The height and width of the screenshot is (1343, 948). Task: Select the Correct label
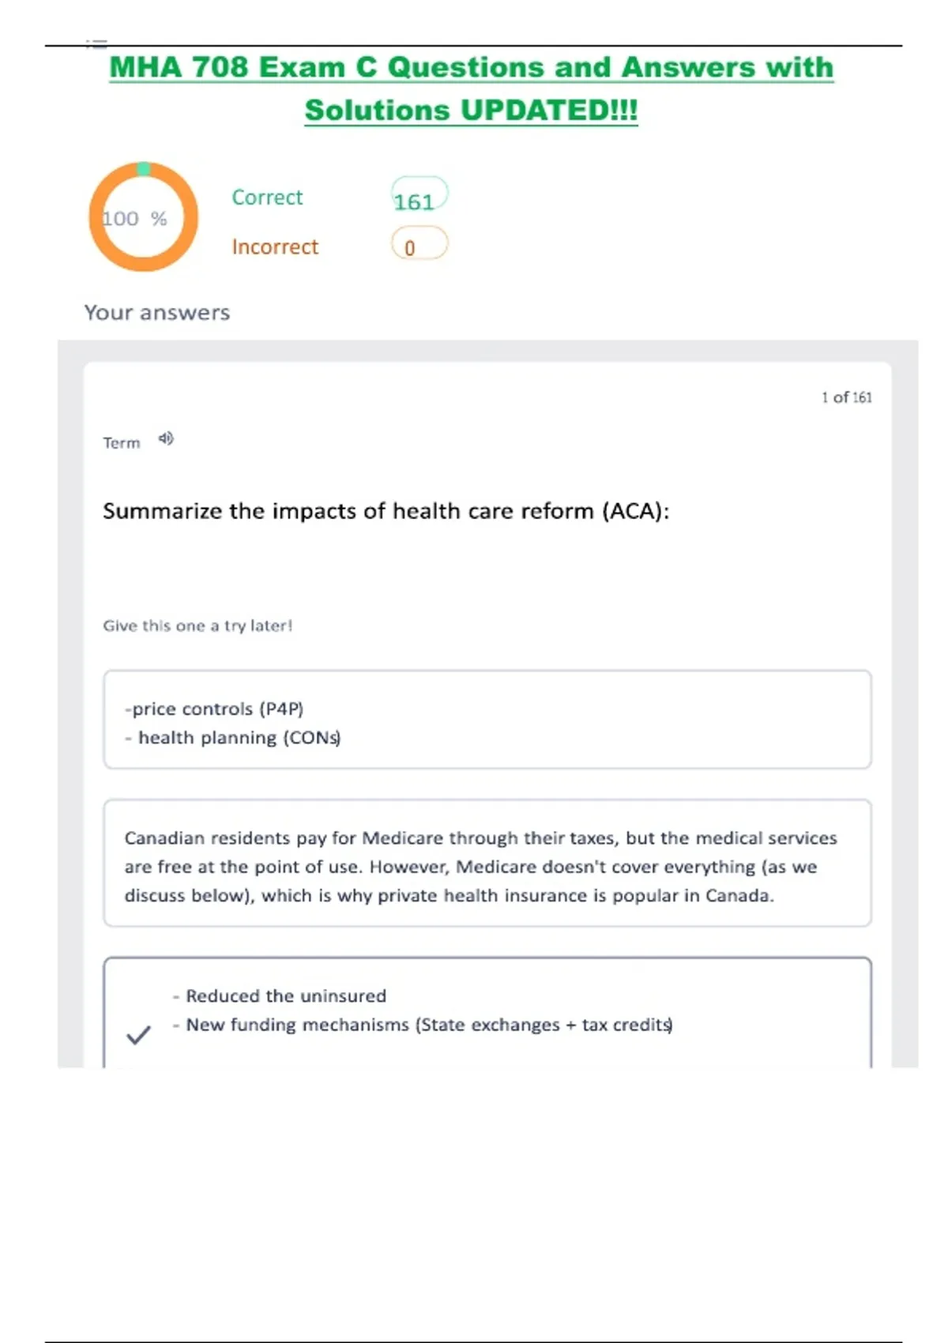267,197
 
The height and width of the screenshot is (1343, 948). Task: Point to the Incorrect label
275,247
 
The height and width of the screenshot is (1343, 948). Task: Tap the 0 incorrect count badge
419,245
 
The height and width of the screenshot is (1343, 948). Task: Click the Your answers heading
157,313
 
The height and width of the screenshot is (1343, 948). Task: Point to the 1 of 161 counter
846,397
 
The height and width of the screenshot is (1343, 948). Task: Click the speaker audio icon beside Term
165,438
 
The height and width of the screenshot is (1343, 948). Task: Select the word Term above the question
121,443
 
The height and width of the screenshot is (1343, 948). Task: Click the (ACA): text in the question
635,511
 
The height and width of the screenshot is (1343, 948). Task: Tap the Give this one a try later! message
197,626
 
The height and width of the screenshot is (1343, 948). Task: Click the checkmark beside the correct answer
138,1034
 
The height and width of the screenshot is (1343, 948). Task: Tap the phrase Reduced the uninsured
286,996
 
